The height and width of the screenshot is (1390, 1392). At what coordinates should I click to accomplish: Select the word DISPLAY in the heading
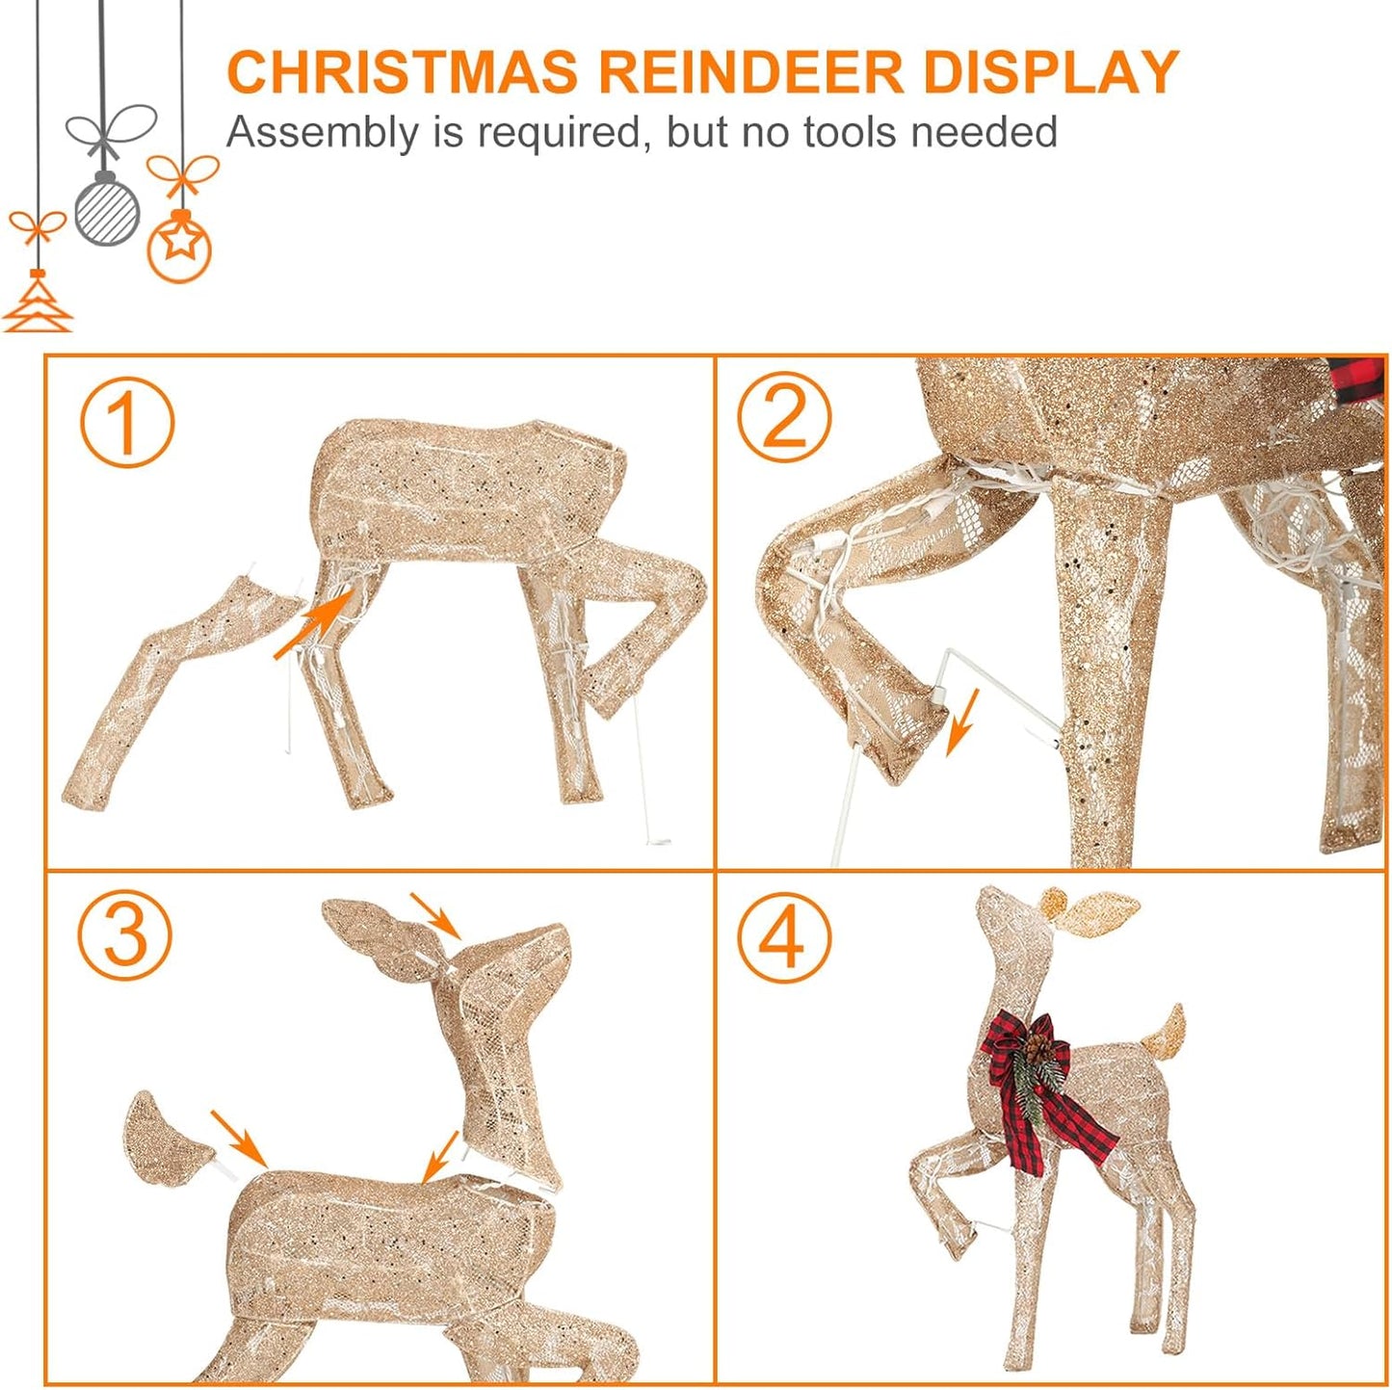click(1051, 72)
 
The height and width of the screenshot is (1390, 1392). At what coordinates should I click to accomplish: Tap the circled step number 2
click(784, 417)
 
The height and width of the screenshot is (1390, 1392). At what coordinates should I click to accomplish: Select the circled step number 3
click(125, 934)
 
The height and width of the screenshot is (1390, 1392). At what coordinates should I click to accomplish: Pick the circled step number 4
click(784, 936)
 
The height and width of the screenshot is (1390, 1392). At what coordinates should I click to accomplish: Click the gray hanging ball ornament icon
click(106, 209)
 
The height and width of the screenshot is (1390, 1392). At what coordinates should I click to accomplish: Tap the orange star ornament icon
click(179, 247)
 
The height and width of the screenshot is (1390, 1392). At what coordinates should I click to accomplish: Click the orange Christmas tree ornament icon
click(38, 303)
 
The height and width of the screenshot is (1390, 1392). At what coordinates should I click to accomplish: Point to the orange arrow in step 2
click(962, 721)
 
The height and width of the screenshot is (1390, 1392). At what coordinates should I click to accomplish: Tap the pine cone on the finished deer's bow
click(1038, 1044)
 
